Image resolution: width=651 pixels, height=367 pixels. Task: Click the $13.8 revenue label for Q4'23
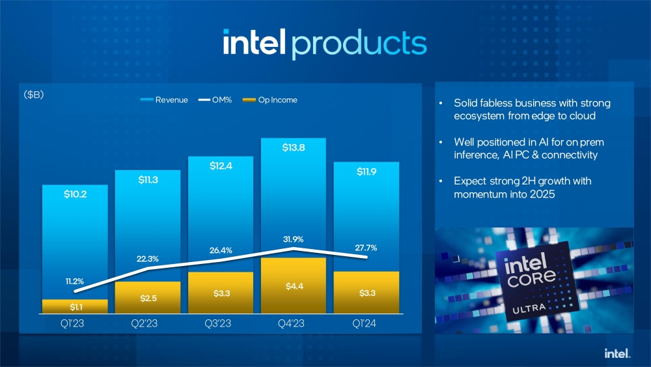(294, 148)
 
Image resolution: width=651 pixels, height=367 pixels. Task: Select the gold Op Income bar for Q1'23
(75, 306)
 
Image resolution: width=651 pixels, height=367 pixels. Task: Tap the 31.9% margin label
(294, 239)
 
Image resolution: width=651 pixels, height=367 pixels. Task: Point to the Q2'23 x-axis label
(147, 323)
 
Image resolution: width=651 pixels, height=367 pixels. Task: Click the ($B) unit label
(34, 95)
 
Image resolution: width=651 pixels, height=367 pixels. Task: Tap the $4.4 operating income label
(294, 287)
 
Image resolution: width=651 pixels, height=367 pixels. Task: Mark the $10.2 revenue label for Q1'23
(75, 194)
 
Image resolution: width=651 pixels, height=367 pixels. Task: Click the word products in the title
(359, 42)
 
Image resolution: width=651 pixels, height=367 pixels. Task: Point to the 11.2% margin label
(75, 282)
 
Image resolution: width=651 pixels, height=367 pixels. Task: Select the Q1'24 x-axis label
(367, 323)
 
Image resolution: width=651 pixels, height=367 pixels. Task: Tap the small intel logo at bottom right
(616, 353)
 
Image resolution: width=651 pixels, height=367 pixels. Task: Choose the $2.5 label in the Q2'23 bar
(147, 299)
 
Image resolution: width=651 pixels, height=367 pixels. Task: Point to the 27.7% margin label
(367, 248)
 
